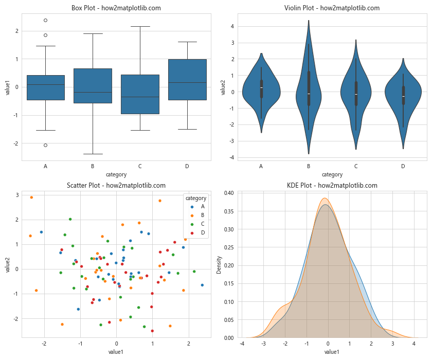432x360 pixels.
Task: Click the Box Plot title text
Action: point(116,8)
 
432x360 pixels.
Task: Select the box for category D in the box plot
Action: point(188,79)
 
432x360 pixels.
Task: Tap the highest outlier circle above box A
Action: point(46,20)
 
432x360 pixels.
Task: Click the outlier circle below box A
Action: point(46,145)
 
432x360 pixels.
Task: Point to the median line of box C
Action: point(140,97)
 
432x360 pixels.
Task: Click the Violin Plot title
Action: point(332,8)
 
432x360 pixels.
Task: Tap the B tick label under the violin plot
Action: point(309,166)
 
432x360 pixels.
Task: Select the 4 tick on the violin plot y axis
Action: point(232,26)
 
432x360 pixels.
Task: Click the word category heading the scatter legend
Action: point(196,198)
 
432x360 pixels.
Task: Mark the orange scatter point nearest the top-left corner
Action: point(31,197)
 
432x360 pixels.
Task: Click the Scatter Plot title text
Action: point(116,186)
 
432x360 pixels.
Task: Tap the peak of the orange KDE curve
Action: point(325,198)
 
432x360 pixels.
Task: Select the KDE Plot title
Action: point(332,186)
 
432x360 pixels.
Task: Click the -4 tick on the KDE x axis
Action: point(242,343)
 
